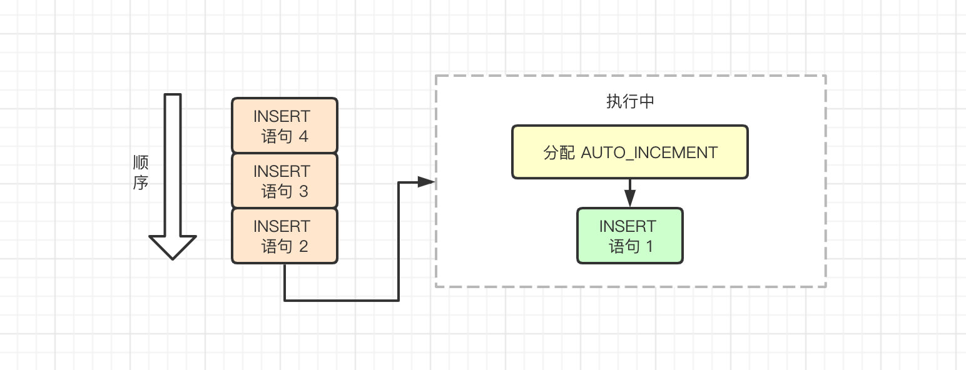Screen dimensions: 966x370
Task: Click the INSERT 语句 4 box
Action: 285,126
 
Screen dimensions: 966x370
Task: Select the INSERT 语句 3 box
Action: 285,181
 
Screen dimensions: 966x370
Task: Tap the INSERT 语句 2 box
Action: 285,236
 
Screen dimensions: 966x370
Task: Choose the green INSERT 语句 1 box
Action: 629,236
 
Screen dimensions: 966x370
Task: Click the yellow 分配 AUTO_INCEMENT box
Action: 629,152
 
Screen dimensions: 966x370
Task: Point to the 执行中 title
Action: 630,101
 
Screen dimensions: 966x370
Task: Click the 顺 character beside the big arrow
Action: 141,162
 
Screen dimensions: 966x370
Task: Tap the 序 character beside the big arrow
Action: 141,182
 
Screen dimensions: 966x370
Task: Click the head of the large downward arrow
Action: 173,247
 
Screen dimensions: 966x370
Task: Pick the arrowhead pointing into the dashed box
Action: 426,182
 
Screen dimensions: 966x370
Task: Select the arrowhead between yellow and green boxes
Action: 629,199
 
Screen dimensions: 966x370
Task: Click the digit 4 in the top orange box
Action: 303,136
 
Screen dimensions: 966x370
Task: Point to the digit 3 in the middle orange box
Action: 303,191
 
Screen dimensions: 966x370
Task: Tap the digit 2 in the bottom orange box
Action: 303,246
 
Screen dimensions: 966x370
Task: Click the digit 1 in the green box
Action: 649,246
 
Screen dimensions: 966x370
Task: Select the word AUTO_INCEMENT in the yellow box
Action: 649,152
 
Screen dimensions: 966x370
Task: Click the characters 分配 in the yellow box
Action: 559,152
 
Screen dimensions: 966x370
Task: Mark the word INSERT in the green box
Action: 628,226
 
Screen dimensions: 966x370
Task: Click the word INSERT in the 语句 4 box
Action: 282,116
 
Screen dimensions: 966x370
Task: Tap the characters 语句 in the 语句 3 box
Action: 277,191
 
